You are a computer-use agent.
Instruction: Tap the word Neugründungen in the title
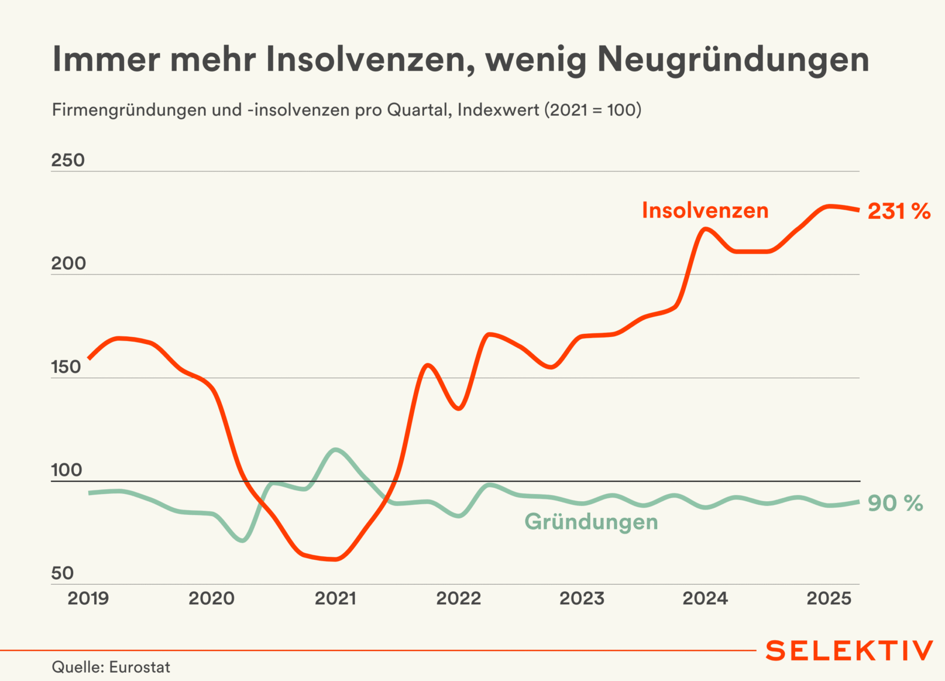click(x=733, y=61)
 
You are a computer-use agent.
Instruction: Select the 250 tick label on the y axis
click(x=68, y=160)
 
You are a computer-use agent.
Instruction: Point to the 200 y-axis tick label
click(x=68, y=263)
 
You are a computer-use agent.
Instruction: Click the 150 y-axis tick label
click(x=66, y=367)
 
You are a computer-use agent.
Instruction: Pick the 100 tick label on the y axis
click(x=67, y=470)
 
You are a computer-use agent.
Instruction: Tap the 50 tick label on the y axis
click(x=62, y=573)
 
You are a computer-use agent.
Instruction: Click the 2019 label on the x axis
click(x=88, y=598)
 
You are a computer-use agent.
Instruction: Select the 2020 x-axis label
click(x=212, y=598)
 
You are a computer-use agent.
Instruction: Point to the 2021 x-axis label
click(x=335, y=598)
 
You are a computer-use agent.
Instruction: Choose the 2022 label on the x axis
click(x=459, y=598)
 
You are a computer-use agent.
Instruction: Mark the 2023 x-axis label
click(x=582, y=598)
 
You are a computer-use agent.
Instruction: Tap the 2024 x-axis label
click(x=705, y=598)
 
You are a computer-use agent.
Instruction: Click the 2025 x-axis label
click(x=829, y=598)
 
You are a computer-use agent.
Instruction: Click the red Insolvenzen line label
click(x=705, y=210)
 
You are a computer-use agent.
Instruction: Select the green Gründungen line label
click(x=591, y=522)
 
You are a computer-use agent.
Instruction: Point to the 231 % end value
click(x=899, y=211)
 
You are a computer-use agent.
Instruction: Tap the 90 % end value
click(x=895, y=503)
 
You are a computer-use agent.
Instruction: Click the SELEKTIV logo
click(x=849, y=650)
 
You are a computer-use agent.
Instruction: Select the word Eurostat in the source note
click(x=140, y=667)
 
